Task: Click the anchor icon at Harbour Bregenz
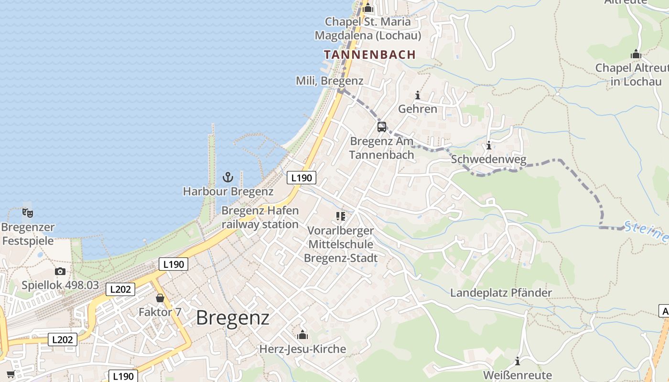pos(228,177)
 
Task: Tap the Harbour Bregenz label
pos(228,191)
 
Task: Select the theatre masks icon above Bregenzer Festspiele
pos(28,212)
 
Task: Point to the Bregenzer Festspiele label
pos(28,234)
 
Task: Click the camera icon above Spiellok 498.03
pos(60,272)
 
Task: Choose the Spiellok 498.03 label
pos(60,286)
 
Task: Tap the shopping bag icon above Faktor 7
pos(160,298)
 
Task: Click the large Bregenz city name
pos(233,318)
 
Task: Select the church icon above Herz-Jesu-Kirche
pos(302,335)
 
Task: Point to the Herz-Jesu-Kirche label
pos(302,349)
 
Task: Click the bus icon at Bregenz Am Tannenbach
pos(381,127)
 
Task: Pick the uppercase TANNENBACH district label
pos(370,54)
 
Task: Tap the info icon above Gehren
pos(418,95)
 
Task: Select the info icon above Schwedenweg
pos(488,145)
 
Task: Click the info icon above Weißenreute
pos(517,361)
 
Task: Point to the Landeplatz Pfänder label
pos(501,293)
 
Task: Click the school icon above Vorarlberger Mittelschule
pos(341,216)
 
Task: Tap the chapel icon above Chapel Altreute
pos(636,54)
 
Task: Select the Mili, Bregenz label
pos(329,81)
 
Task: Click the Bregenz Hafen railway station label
pos(260,217)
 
